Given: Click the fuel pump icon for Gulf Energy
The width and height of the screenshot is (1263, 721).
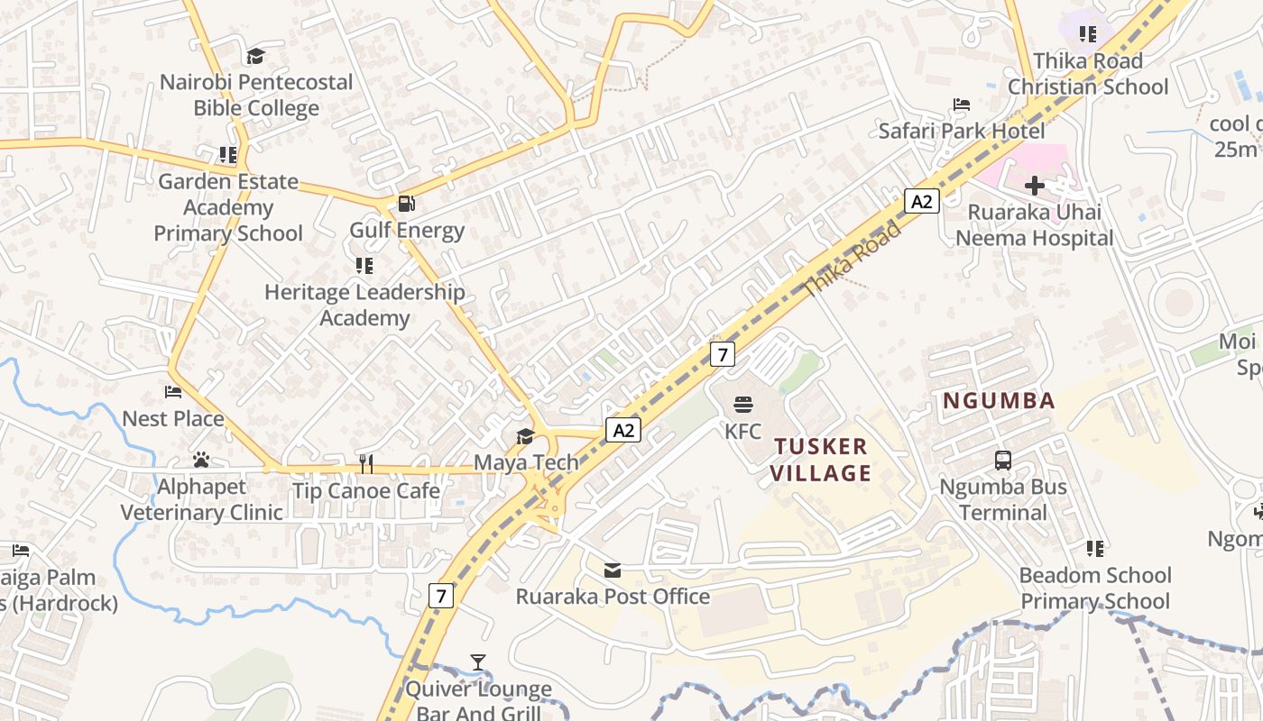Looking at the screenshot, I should point(407,204).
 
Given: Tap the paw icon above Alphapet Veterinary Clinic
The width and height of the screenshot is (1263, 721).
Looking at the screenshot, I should point(200,461).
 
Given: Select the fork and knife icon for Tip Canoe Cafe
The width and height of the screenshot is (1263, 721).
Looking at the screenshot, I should point(365,464).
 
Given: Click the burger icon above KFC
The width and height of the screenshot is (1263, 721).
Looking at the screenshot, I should point(742,405).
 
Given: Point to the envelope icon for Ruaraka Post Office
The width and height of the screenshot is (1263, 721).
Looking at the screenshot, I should point(613,570).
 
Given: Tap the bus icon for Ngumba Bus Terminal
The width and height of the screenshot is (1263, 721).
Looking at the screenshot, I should point(1002,461).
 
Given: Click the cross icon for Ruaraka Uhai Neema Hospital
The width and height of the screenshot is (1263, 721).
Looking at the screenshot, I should point(1034,186).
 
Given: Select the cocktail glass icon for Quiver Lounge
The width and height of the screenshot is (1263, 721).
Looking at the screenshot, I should point(478,662).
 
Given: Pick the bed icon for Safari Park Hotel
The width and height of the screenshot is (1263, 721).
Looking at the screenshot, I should point(962,105).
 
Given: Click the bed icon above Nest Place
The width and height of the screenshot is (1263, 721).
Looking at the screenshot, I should point(173,392).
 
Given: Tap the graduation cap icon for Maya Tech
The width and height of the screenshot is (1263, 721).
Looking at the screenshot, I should point(525,437).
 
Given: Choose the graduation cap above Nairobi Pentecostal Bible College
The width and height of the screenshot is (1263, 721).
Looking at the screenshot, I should point(255,56).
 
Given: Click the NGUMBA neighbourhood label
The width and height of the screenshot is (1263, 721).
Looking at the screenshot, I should point(999,401).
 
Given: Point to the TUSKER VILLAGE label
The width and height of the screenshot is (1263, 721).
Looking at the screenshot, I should point(821,460).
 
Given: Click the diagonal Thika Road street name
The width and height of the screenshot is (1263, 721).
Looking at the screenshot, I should point(851,259).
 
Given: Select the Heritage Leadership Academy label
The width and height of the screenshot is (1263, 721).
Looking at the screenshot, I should point(364,305).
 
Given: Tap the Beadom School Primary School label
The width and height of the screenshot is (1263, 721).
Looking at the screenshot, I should point(1095,589).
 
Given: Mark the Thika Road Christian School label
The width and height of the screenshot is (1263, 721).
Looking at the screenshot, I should point(1087,74).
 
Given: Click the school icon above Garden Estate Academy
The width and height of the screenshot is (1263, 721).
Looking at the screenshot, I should point(228,155).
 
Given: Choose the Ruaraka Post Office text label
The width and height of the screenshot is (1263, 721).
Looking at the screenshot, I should point(613,597).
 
